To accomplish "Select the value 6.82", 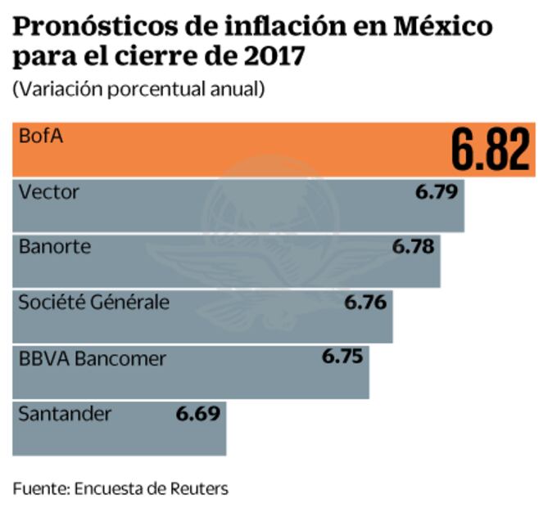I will pos(491,150).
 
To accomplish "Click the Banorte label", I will pos(54,246).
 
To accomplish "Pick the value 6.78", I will pos(414,246).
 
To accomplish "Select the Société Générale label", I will pos(93,302).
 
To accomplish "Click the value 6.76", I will pos(365,302).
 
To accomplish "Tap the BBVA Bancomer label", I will pos(92,357).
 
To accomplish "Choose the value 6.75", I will pos(342,357).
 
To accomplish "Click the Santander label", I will pos(64,413).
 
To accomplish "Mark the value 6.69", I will pos(198,413).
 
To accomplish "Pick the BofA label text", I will pos(40,137).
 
